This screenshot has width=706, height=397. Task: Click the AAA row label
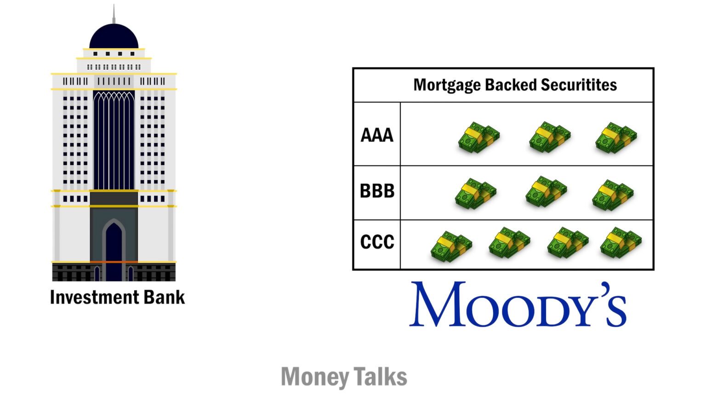pyautogui.click(x=377, y=135)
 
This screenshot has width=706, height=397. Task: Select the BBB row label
pyautogui.click(x=377, y=191)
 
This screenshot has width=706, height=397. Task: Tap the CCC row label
pyautogui.click(x=377, y=242)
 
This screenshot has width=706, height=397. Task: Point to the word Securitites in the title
pyautogui.click(x=579, y=85)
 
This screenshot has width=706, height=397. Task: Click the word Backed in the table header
pyautogui.click(x=511, y=85)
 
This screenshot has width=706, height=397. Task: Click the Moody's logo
pyautogui.click(x=518, y=304)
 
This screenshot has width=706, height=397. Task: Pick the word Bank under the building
pyautogui.click(x=165, y=297)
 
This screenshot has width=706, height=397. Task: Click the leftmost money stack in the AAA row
pyautogui.click(x=478, y=137)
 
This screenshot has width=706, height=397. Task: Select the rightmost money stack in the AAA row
pyautogui.click(x=616, y=137)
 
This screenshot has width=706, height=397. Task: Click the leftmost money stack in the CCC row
pyautogui.click(x=451, y=246)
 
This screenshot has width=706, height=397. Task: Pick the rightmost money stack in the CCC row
pyautogui.click(x=621, y=242)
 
